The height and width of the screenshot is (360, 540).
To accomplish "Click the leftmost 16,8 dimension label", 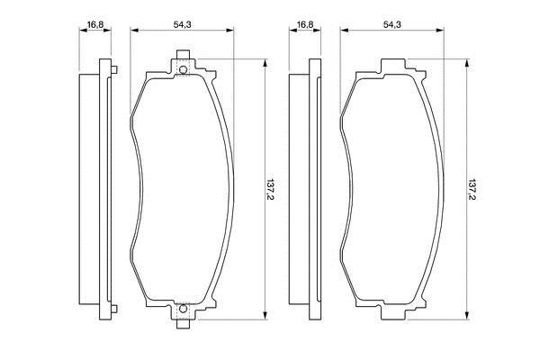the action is (95, 24).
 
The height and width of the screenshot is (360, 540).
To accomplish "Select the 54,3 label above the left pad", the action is (182, 24).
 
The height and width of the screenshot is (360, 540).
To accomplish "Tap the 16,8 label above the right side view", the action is (305, 24).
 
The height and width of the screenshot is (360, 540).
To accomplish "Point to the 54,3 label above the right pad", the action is (391, 24).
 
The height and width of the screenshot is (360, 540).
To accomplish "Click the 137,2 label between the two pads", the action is (272, 190).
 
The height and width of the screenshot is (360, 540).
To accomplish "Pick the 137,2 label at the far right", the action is (473, 190).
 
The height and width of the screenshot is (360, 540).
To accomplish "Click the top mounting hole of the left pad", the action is (184, 70).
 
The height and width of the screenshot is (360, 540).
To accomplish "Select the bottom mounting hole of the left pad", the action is (184, 309).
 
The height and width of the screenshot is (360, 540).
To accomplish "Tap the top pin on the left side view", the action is (114, 69).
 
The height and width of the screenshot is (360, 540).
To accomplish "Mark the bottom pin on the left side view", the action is (114, 309).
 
